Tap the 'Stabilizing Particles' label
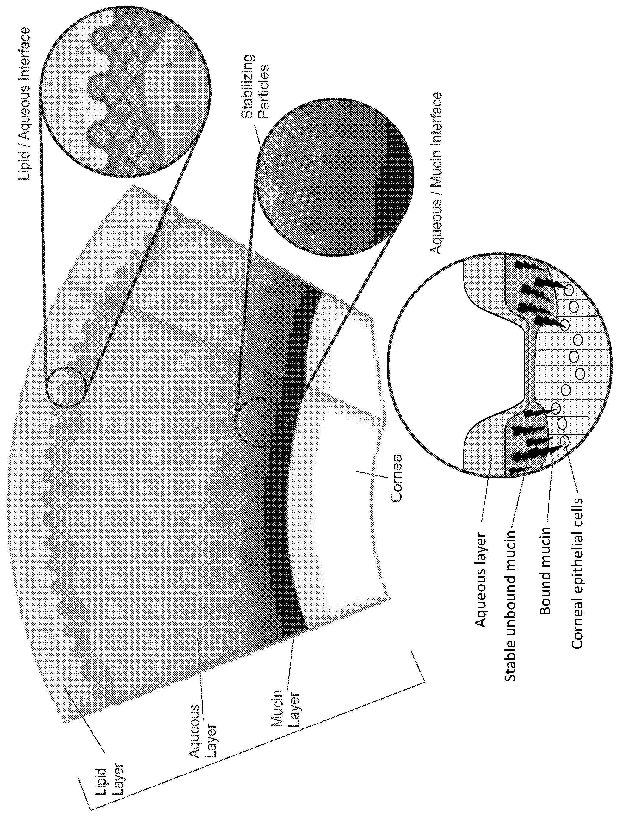tap(255, 87)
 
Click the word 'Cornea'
tap(396, 478)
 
